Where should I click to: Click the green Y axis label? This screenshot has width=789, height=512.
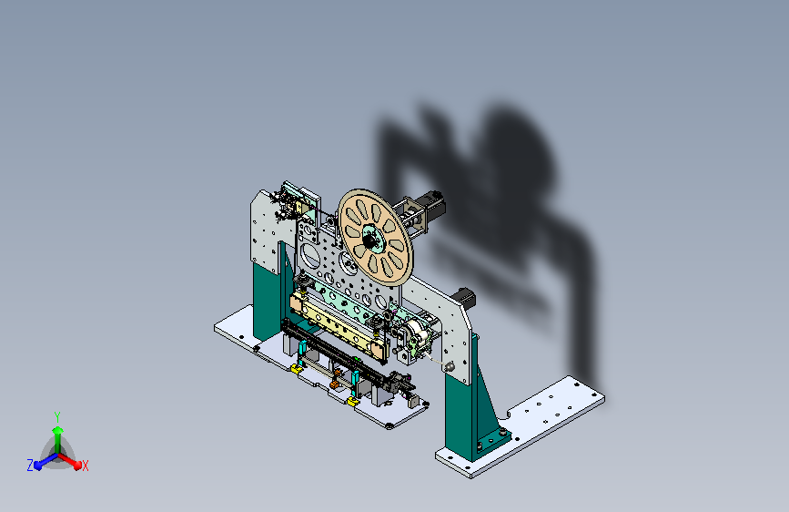tap(57, 417)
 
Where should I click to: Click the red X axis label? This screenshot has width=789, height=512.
tap(85, 466)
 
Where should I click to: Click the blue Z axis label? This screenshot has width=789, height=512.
tap(30, 466)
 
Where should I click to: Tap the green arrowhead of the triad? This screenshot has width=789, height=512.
tap(57, 431)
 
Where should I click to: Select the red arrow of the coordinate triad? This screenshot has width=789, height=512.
tap(70, 461)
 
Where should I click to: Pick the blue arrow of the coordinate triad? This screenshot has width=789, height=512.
tap(46, 461)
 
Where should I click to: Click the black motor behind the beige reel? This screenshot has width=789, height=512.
tap(432, 203)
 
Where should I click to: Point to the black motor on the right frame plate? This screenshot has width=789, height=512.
tap(465, 298)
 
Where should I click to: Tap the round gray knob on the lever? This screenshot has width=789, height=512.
tap(450, 367)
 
